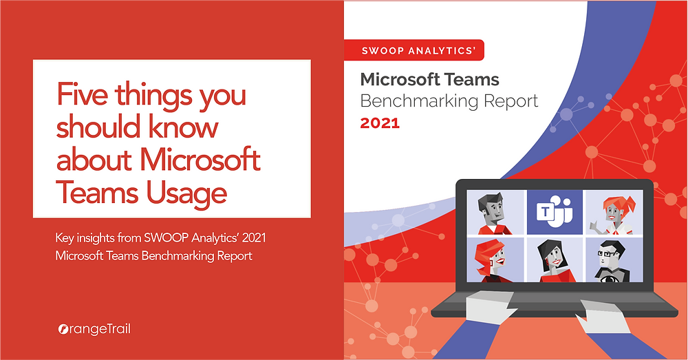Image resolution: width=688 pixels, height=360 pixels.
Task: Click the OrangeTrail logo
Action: tap(94, 329)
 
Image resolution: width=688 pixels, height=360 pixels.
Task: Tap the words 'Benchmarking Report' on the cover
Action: tap(449, 102)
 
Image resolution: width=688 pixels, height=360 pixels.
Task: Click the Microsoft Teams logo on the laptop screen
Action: tap(555, 212)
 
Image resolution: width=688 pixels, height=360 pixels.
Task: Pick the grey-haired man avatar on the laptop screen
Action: tap(496, 212)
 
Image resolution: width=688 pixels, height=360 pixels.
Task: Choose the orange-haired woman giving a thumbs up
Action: tap(613, 212)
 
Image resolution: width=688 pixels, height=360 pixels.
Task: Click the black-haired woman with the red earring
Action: tap(555, 260)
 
